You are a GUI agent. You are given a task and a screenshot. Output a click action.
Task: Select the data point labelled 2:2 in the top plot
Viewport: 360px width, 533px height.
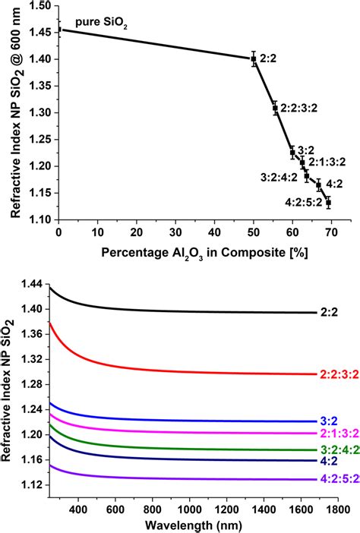point(254,58)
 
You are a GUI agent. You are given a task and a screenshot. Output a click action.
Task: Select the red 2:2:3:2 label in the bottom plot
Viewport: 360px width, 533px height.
point(339,374)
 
